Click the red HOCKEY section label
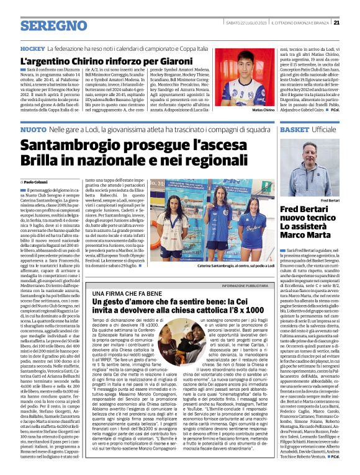point(32,48)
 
